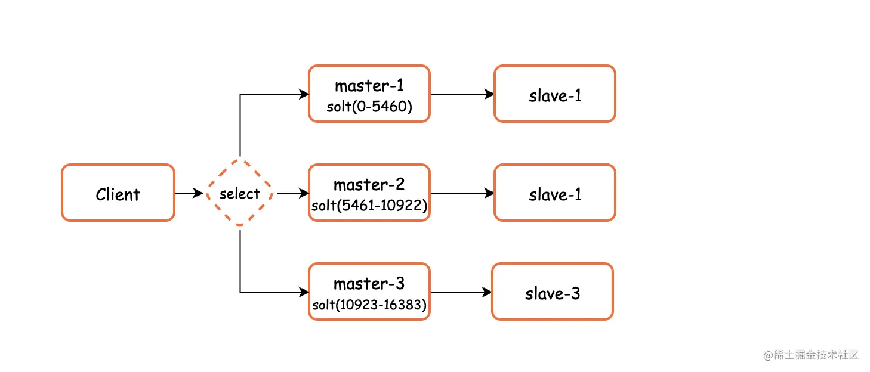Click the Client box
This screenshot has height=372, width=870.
coord(118,193)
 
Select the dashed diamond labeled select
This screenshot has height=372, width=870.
coord(239,193)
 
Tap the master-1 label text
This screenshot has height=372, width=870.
coord(369,86)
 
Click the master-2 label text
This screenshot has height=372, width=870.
coord(369,184)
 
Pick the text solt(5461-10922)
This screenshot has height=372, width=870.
coord(369,206)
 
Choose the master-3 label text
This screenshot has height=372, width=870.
coord(369,283)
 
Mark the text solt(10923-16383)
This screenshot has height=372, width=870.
coord(369,305)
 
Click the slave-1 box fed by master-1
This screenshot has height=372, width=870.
coord(554,94)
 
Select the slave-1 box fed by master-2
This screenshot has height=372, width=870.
coord(554,193)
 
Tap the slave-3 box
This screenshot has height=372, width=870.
coord(552,292)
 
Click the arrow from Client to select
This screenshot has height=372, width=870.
coord(189,193)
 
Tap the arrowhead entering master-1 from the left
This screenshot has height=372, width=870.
coord(304,94)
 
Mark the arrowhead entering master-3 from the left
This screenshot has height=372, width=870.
coord(304,292)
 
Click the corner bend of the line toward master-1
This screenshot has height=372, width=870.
coord(240,94)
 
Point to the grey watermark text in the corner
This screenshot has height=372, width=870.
coord(810,355)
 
